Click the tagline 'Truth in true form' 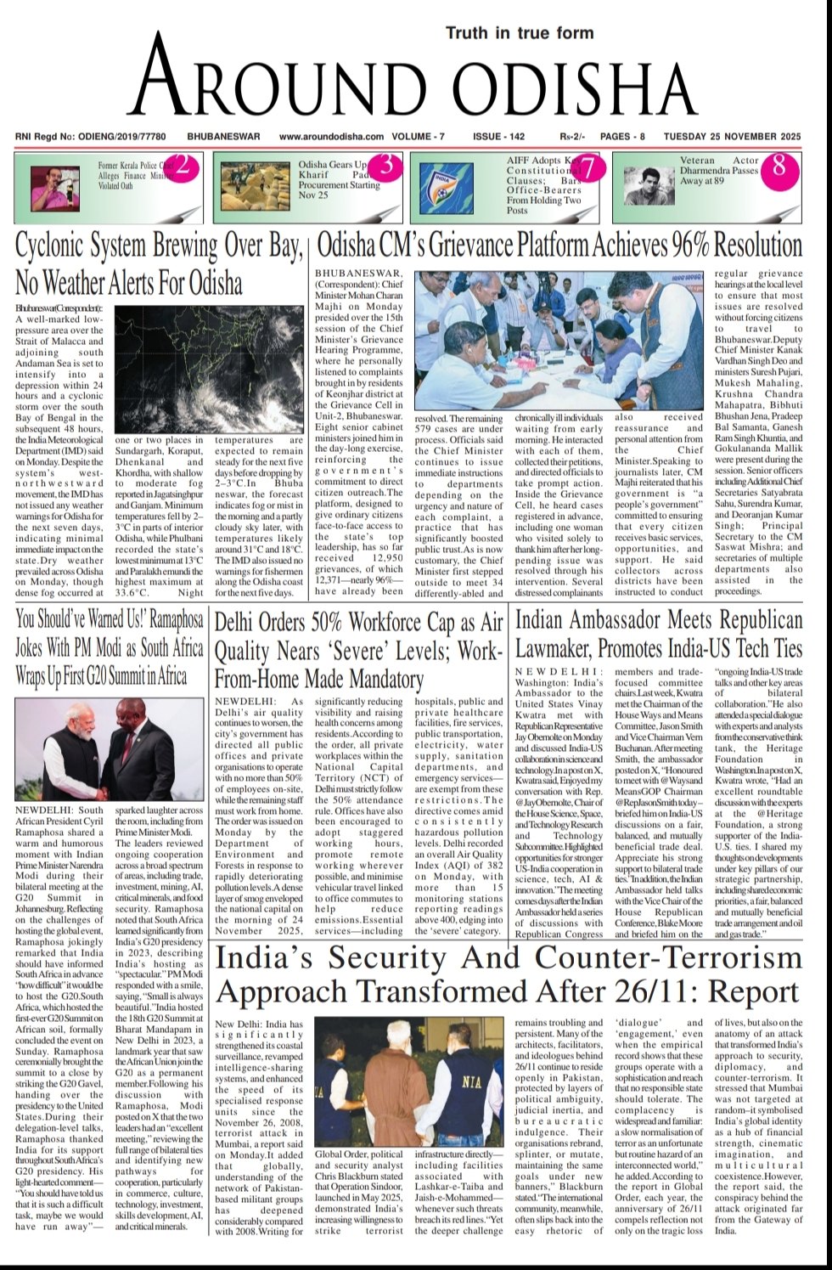520,33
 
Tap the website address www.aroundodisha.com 331,136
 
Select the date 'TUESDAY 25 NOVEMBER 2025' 732,136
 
